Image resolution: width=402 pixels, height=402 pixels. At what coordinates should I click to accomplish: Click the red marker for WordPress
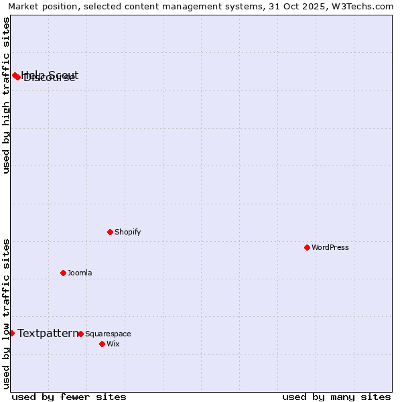point(307,247)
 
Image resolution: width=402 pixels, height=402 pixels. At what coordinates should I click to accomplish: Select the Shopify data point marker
point(110,232)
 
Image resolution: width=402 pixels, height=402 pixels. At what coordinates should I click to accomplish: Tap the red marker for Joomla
point(63,273)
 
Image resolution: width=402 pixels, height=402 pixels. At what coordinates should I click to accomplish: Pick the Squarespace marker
point(80,334)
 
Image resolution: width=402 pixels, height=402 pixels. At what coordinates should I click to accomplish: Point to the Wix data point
point(102,344)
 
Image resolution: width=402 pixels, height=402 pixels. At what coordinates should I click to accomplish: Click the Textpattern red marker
point(11,333)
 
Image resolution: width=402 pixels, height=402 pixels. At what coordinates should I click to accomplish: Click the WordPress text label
point(330,247)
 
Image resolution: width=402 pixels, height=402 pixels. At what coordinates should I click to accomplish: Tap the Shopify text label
point(127,232)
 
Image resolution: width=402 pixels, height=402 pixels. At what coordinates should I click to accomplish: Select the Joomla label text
point(80,273)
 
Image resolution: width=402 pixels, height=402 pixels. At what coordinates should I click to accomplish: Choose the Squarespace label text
point(108,334)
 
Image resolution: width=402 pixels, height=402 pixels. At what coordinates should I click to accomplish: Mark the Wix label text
point(113,344)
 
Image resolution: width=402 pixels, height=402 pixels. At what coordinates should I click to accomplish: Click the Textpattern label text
point(48,333)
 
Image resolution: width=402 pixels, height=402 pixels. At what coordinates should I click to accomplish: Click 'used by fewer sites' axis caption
point(69,397)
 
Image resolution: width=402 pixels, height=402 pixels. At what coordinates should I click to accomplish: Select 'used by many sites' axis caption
point(336,397)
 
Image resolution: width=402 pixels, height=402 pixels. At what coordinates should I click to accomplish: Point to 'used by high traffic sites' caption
point(6,95)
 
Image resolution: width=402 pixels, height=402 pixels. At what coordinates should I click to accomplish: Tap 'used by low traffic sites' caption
point(6,313)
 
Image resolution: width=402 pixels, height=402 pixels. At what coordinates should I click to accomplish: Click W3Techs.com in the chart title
point(362,6)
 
